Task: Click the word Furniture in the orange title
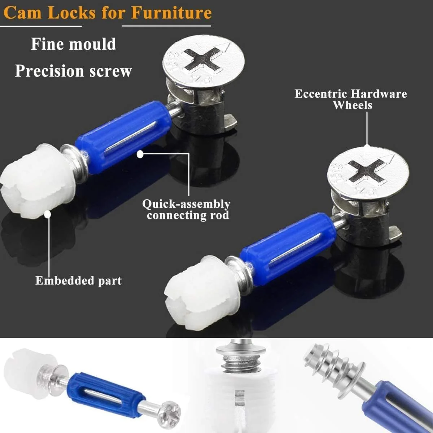point(171,13)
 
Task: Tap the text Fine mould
point(73,44)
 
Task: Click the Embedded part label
point(78,281)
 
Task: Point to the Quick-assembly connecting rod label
point(187,209)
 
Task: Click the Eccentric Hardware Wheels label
point(351,99)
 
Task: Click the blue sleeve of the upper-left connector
point(123,137)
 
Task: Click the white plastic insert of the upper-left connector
point(36,182)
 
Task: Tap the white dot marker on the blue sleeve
point(140,154)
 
